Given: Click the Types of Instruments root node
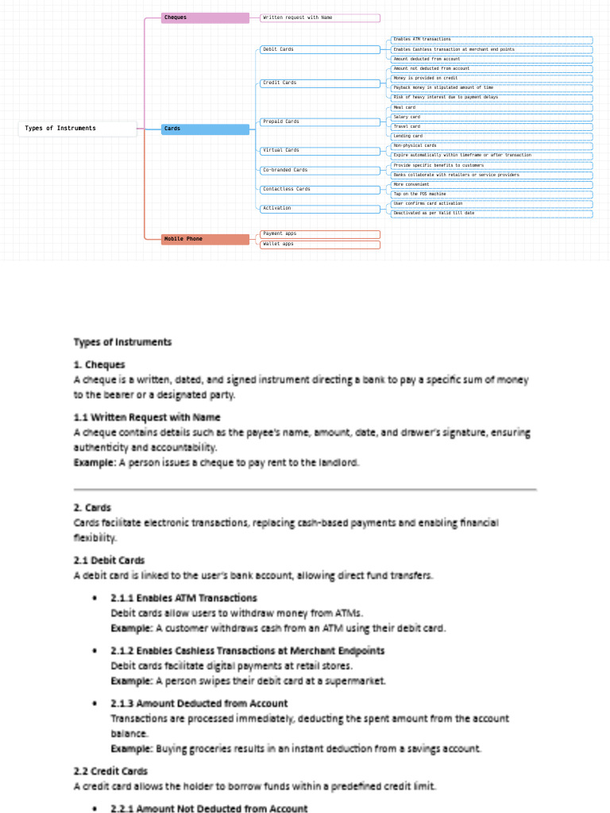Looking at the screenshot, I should click(77, 129).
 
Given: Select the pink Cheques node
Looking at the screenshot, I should click(205, 17).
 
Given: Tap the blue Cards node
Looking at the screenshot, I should click(205, 129).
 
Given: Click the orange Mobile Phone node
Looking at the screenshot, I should click(205, 239).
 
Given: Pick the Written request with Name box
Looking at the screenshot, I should click(320, 17).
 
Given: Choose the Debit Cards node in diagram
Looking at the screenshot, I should click(320, 50).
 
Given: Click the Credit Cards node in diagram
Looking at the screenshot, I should click(320, 83).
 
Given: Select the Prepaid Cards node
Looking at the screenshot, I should click(320, 122).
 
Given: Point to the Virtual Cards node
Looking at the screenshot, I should click(320, 151).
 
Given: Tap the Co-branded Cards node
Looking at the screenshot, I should click(320, 171).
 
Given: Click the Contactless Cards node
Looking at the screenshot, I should click(320, 190).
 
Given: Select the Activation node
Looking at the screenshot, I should click(320, 209).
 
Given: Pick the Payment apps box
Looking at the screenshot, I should click(320, 234).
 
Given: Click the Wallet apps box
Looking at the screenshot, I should click(320, 245).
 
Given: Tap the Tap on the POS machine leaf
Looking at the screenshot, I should click(492, 195).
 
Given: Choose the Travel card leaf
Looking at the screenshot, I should click(492, 127).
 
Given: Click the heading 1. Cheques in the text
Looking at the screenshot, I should click(99, 365).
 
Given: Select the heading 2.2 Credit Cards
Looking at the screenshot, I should click(110, 771).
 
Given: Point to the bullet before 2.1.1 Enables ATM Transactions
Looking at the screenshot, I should click(95, 598).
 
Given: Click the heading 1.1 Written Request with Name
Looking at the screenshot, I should click(147, 418).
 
